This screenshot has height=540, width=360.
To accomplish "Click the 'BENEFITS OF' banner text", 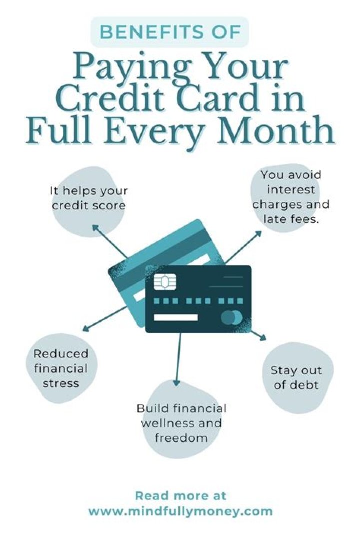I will tap(169, 32).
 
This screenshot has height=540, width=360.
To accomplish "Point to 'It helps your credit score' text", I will tap(89, 198).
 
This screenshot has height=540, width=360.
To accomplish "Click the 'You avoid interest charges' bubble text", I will tap(291, 197).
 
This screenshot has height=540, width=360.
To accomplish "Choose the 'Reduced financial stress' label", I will tap(60, 368).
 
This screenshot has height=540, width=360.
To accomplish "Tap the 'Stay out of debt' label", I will tap(296, 377).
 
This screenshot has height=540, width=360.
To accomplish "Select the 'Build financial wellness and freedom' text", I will tap(181, 423).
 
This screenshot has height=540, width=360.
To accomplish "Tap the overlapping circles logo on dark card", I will tap(231, 317).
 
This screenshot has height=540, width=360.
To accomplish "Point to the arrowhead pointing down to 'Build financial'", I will tap(176, 382).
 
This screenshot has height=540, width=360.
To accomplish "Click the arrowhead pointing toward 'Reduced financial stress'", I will tap(85, 328).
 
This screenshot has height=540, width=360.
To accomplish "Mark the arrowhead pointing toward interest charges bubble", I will tap(258, 233).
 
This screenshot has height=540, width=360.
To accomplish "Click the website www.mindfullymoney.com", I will tap(181, 511).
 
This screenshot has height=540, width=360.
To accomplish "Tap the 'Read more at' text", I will tap(181, 496).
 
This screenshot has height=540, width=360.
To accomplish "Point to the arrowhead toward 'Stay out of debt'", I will tap(264, 337).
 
